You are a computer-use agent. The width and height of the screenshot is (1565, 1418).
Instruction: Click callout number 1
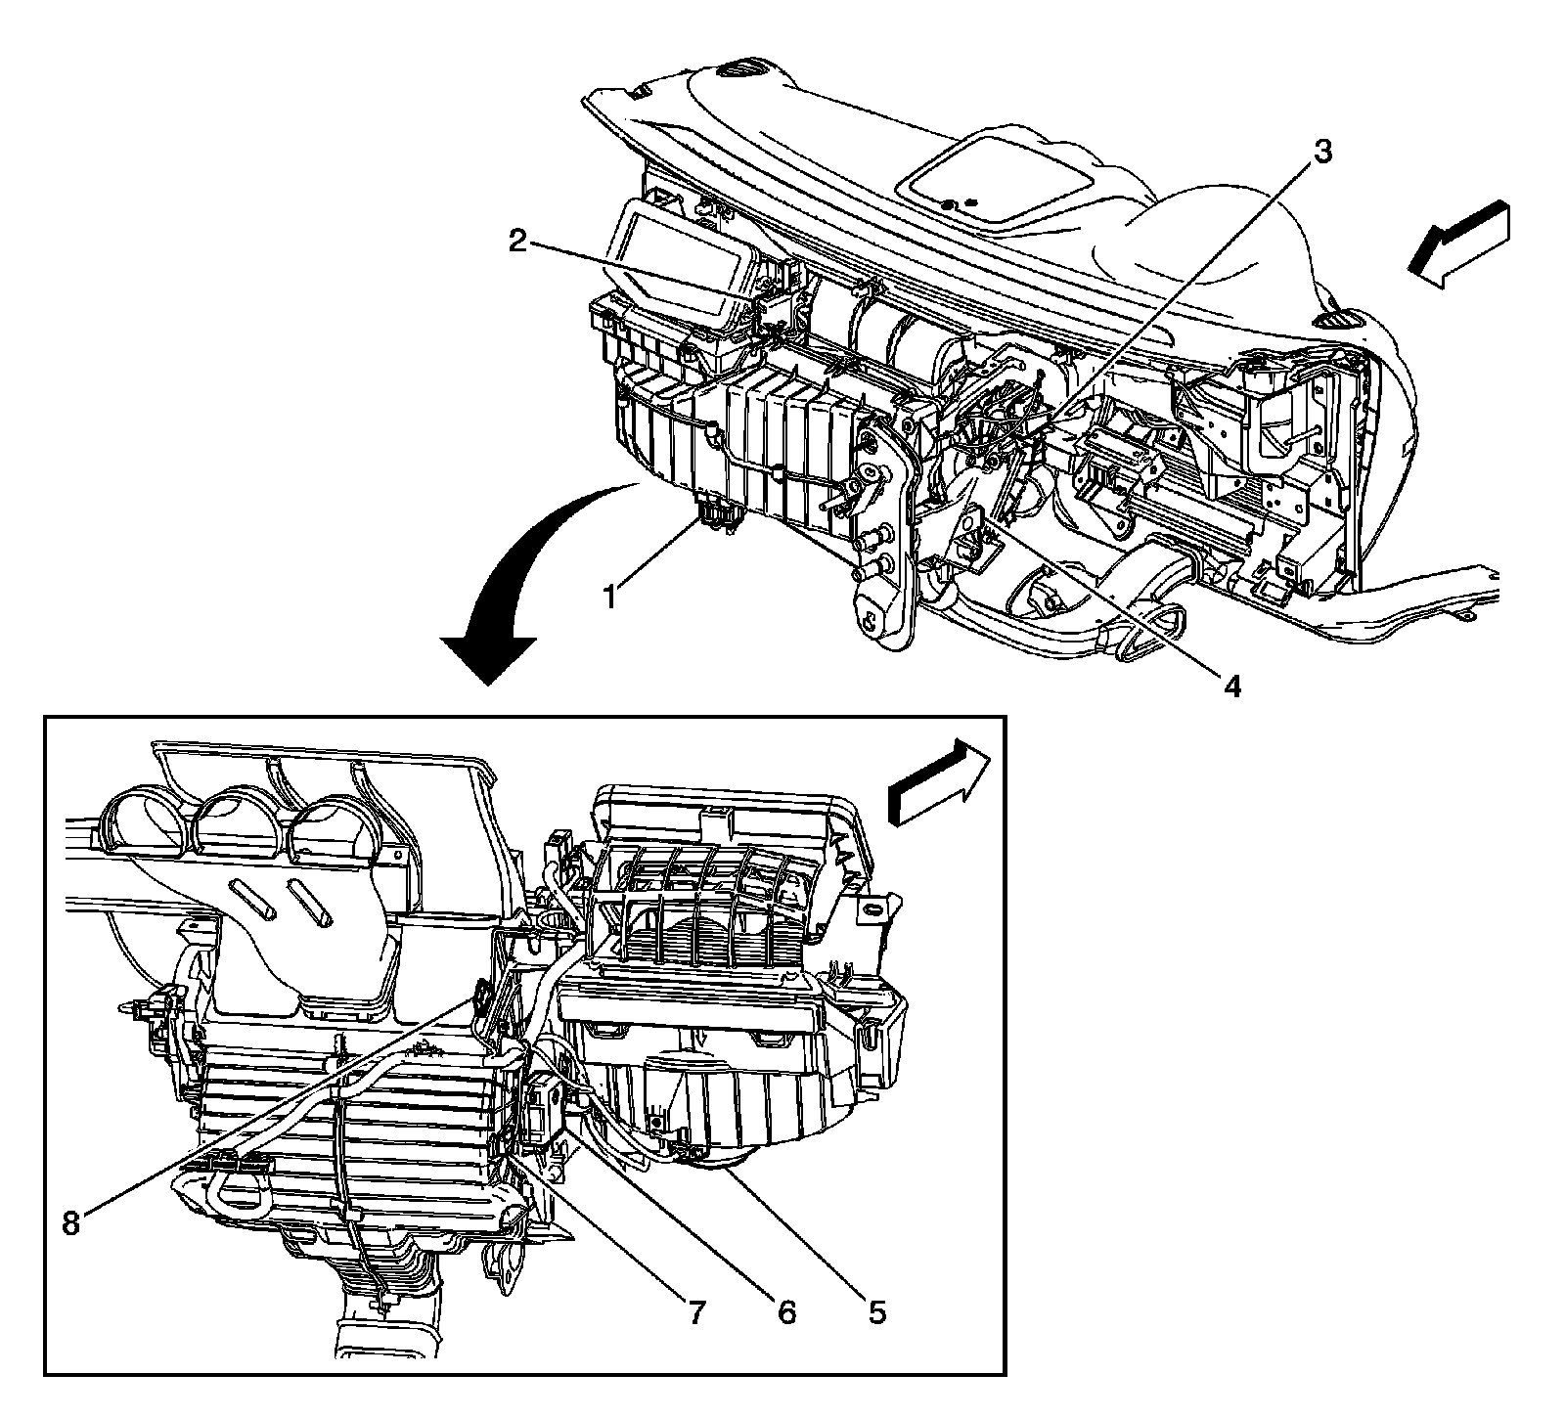click(609, 595)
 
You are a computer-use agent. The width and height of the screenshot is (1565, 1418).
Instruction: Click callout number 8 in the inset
click(70, 1223)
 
